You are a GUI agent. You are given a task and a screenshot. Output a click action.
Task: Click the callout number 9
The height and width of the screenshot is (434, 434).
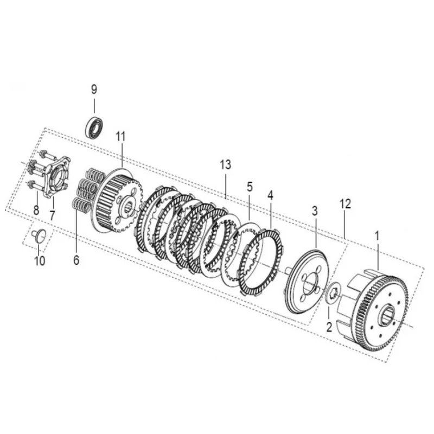point(94,90)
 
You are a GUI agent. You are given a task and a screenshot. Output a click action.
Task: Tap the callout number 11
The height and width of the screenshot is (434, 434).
point(120,136)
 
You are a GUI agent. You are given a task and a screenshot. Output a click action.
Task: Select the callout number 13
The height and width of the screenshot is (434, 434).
point(226,165)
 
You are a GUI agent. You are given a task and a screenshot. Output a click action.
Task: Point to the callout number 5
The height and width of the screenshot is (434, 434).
point(250,187)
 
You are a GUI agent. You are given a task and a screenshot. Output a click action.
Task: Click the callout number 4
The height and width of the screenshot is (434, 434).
point(270,195)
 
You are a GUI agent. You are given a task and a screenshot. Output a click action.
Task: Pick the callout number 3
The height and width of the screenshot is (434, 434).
point(315,211)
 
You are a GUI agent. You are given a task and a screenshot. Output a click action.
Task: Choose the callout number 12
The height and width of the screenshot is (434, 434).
point(346,204)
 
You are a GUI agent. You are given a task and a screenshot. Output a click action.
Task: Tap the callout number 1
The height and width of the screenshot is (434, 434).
point(376,236)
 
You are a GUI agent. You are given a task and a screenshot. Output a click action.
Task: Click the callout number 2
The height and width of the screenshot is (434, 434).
point(329,327)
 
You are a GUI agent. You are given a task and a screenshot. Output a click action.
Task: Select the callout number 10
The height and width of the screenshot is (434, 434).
point(40,261)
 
